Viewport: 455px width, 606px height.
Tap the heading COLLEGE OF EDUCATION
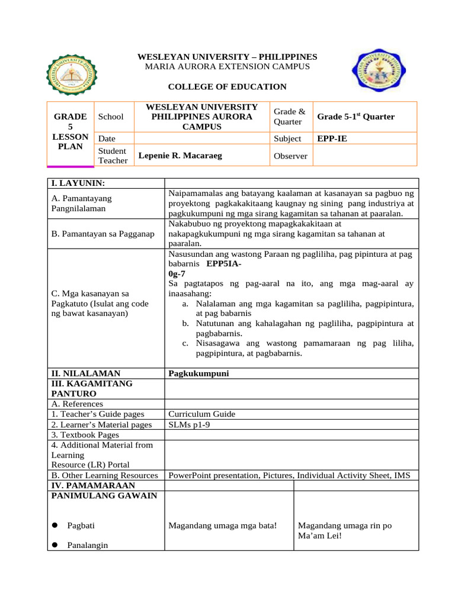point(227,87)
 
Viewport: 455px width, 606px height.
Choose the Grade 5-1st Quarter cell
point(355,117)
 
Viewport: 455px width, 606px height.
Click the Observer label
point(290,156)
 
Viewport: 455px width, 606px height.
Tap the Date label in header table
point(107,138)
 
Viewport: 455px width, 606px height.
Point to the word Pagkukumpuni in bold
point(198,373)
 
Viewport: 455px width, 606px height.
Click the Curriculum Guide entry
point(202,414)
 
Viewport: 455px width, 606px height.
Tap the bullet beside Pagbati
point(54,526)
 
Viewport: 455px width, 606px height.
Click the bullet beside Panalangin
point(54,545)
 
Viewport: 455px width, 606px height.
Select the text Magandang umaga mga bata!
point(223,526)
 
